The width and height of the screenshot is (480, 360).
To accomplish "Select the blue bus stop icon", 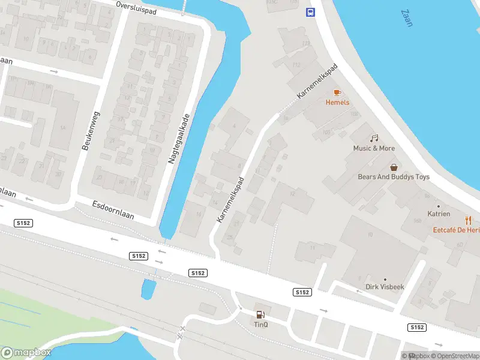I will tap(311, 12).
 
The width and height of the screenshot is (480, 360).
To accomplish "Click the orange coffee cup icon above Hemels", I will tap(337, 92).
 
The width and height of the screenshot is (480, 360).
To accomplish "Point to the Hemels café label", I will tap(337, 103).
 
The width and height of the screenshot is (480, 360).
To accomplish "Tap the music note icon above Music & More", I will tap(374, 139).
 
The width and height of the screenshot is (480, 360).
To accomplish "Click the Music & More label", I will tap(374, 148).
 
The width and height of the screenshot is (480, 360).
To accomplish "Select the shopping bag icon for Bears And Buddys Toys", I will tap(394, 167).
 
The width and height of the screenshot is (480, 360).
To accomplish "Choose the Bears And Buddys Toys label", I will tap(394, 177).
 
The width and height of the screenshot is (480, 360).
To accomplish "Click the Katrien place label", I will tap(439, 214).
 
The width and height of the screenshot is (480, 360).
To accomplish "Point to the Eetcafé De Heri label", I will tap(457, 230).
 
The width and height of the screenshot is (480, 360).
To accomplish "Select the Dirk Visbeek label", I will tap(385, 287).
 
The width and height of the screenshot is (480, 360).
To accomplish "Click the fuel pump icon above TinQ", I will tap(260, 314).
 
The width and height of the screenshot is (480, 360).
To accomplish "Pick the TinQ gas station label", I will tap(260, 325).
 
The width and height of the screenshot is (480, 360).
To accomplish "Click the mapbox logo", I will tap(26, 353).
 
